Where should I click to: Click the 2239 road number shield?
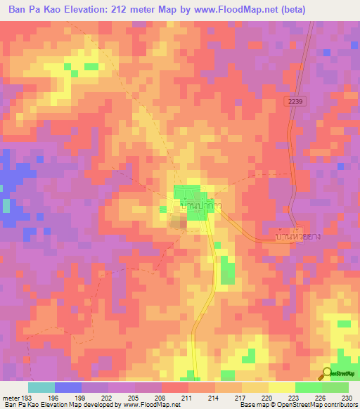[x=296, y=102]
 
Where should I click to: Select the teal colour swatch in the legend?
[x=41, y=387]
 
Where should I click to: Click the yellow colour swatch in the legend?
[x=281, y=387]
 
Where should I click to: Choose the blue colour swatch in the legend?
[x=68, y=387]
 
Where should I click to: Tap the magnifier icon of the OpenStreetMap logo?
[x=327, y=373]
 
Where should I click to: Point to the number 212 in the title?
[x=130, y=10]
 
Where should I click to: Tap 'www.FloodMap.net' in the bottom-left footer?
[x=148, y=405]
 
